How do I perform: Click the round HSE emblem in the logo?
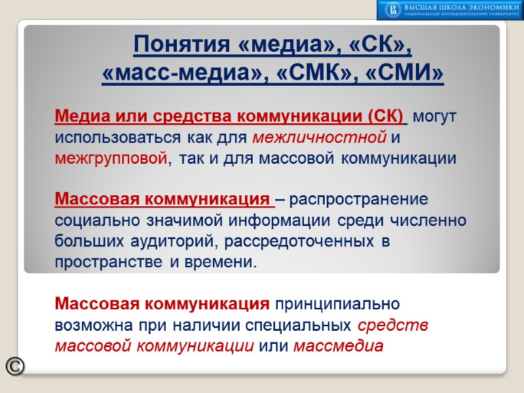pyautogui.click(x=392, y=10)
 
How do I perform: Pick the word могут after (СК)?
pyautogui.click(x=435, y=117)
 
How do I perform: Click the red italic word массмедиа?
pyautogui.click(x=338, y=346)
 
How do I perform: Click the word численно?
pyautogui.click(x=431, y=220)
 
